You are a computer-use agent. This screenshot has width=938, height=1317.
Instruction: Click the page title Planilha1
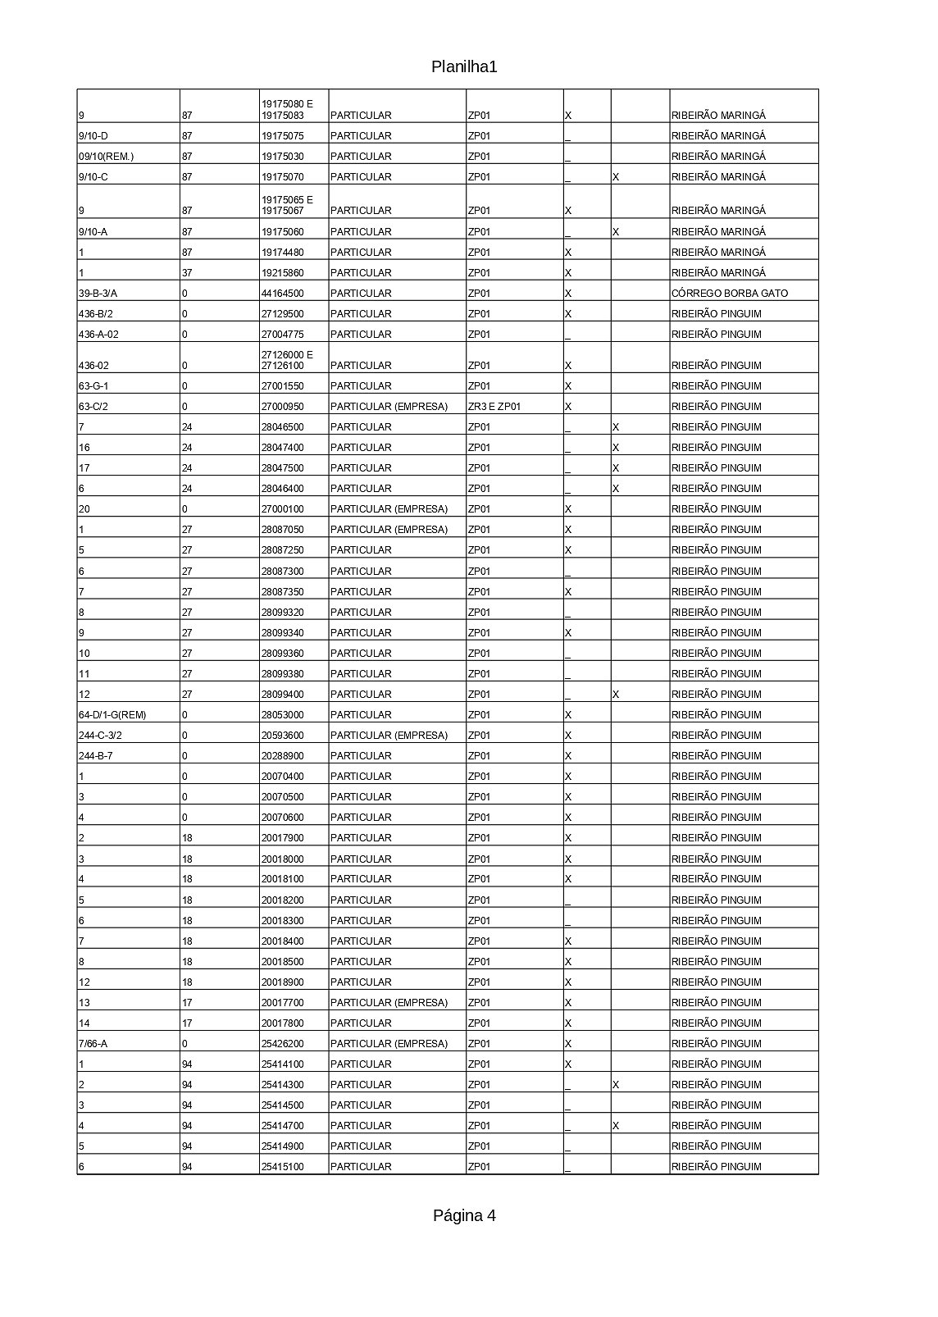(x=464, y=67)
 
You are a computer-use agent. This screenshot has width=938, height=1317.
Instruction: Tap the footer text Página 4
(x=464, y=1215)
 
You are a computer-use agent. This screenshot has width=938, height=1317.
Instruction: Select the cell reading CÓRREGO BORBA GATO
(x=729, y=294)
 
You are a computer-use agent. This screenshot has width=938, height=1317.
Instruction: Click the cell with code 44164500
(x=282, y=294)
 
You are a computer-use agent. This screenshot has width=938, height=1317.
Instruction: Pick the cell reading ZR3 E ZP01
(x=494, y=407)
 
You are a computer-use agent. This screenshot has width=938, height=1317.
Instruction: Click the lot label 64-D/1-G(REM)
(x=112, y=715)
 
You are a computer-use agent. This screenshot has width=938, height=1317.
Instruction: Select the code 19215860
(x=282, y=273)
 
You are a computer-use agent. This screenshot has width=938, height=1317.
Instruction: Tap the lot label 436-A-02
(x=99, y=335)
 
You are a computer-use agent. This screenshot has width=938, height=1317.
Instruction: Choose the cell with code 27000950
(x=282, y=407)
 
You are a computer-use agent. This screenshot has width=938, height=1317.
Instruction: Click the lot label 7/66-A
(x=93, y=1044)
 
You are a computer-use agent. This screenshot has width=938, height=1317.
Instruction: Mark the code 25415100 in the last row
(x=282, y=1167)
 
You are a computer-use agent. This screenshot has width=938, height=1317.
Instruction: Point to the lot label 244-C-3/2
(x=100, y=736)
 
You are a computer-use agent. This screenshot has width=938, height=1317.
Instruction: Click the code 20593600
(x=282, y=736)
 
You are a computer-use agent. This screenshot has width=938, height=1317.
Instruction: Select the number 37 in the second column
(x=187, y=273)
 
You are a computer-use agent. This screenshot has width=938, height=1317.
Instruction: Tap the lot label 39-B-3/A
(x=98, y=294)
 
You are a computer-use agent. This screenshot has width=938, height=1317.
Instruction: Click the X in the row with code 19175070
(x=616, y=177)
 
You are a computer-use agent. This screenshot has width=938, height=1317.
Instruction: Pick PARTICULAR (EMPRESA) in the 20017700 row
(x=389, y=1003)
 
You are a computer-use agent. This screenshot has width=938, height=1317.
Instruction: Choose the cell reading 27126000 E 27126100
(x=286, y=360)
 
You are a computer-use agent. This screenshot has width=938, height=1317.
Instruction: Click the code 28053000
(x=282, y=715)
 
